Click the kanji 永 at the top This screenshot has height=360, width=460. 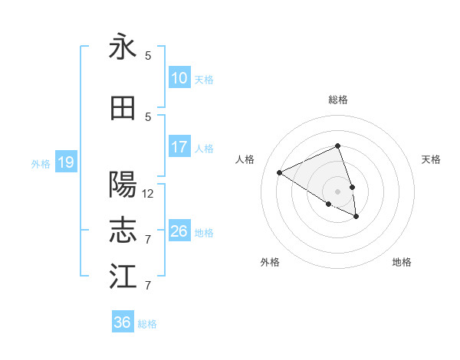click(123, 47)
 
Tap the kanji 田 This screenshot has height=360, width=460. click(123, 108)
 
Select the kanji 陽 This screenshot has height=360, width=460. click(123, 185)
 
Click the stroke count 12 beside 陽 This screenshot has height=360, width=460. click(148, 194)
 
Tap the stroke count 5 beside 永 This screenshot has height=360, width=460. click(148, 56)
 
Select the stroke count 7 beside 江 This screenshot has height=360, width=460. click(148, 286)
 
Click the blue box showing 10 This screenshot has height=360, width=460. click(179, 78)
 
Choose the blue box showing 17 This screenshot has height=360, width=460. click(179, 147)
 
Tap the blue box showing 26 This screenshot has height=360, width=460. click(179, 231)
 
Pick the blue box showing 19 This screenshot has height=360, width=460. click(65, 162)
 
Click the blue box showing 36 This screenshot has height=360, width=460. click(123, 323)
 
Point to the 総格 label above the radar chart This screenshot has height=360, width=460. click(338, 100)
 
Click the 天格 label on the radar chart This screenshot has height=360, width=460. click(432, 159)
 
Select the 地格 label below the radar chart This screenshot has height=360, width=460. click(402, 262)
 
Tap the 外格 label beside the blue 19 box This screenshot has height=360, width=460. click(41, 163)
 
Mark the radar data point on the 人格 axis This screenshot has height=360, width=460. click(280, 172)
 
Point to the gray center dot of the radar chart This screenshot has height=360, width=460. click(338, 191)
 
